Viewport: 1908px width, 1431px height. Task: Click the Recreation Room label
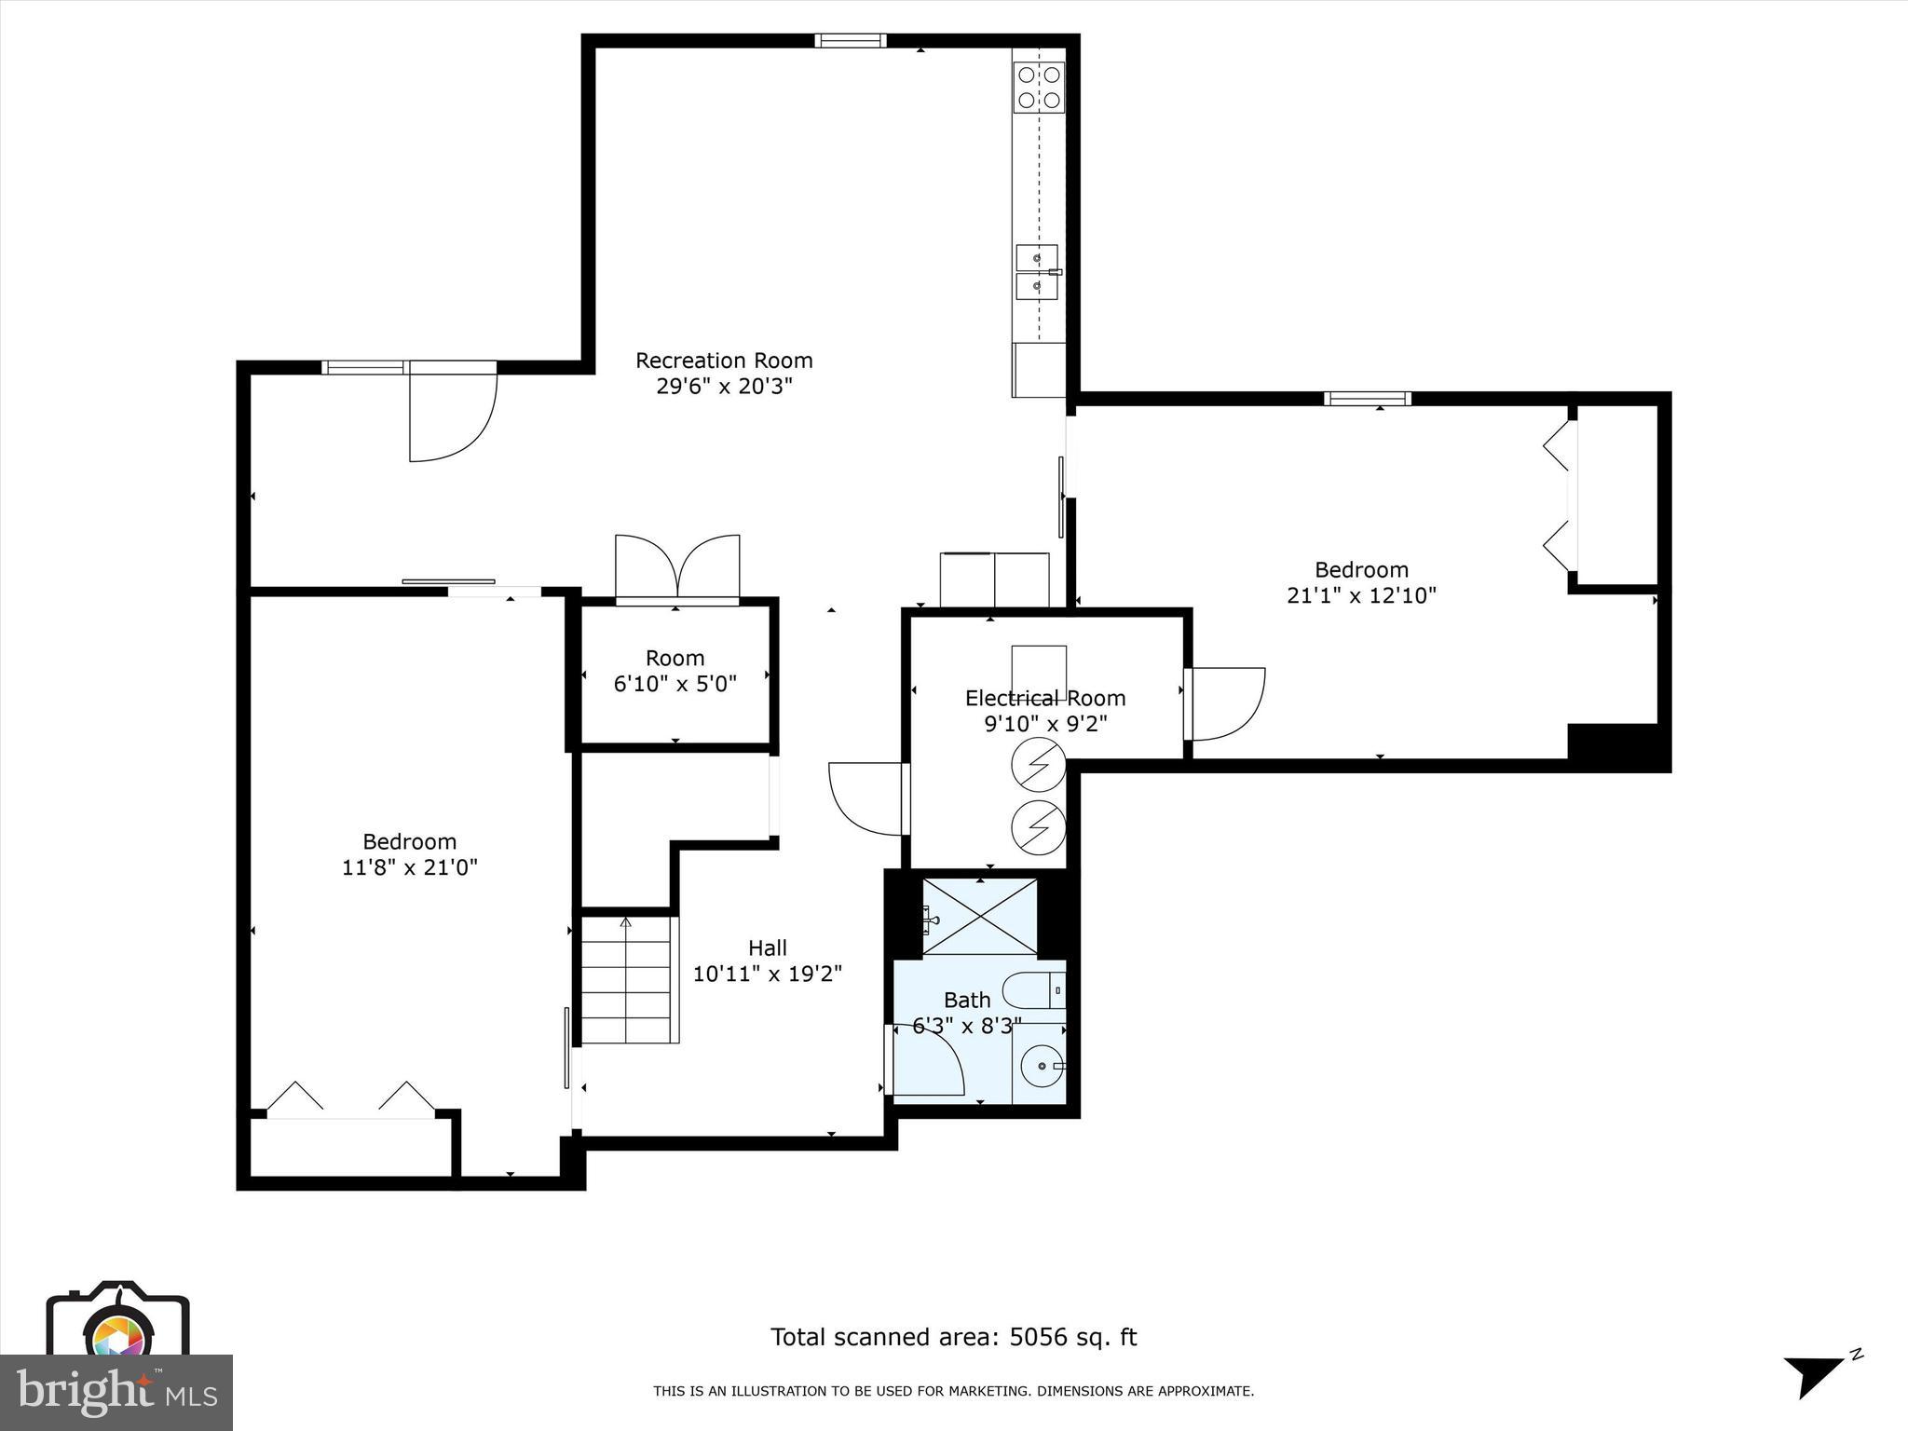(x=724, y=361)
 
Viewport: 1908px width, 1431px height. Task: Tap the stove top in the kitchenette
(x=1039, y=88)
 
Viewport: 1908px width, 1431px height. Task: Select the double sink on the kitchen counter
(x=1036, y=272)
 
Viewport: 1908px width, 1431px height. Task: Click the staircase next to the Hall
(x=627, y=980)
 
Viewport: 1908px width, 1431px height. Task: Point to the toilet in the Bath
(x=1036, y=990)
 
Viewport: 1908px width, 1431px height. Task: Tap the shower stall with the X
(x=980, y=916)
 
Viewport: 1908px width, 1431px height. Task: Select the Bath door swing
(x=927, y=1059)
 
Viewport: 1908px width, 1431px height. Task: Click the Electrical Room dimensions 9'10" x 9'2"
(x=1045, y=724)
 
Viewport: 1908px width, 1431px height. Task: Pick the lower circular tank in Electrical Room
(x=1038, y=825)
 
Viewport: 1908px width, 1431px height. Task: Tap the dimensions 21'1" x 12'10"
(x=1361, y=595)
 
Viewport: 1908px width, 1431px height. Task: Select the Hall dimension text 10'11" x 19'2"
(x=767, y=974)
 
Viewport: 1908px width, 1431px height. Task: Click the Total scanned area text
(x=953, y=1337)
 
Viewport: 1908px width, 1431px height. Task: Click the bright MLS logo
(x=116, y=1392)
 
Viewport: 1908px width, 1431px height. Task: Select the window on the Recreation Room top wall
(x=850, y=40)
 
